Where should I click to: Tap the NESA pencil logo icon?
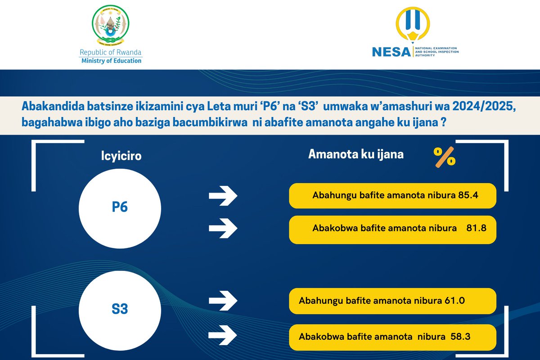click(413, 26)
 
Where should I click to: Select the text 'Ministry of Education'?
click(111, 61)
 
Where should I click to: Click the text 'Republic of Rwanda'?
click(111, 52)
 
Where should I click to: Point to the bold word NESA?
click(391, 52)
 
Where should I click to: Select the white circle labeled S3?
click(120, 309)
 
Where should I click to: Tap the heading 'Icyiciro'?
click(120, 157)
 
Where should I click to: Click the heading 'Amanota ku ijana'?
click(355, 154)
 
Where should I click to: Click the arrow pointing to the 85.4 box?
click(224, 196)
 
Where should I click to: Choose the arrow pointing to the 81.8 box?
click(224, 228)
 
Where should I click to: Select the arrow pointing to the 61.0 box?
click(224, 301)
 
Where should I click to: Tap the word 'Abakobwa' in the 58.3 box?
click(318, 336)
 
